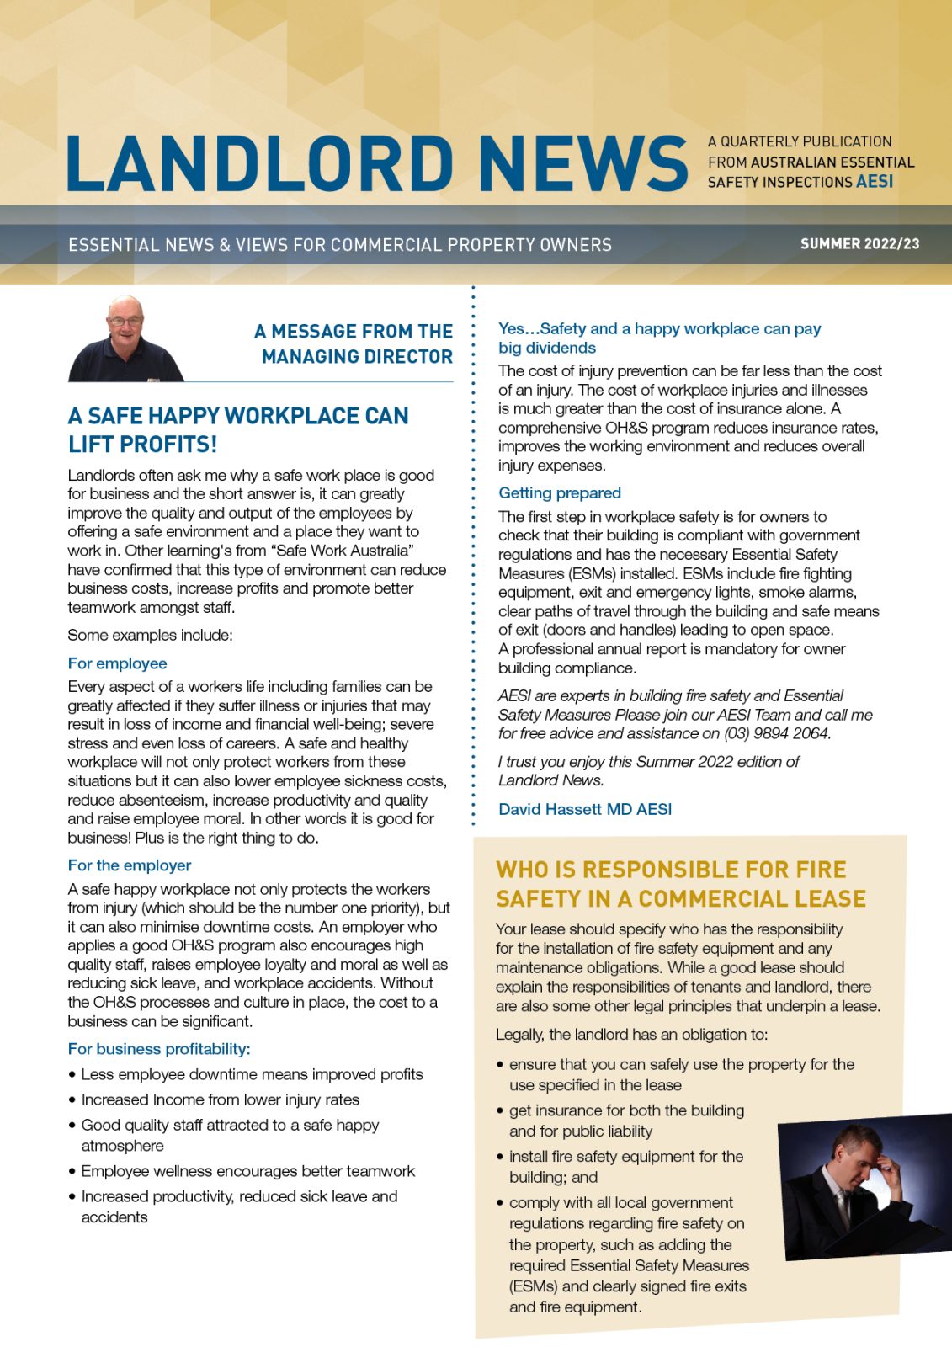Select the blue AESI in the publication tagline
(875, 182)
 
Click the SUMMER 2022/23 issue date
(859, 244)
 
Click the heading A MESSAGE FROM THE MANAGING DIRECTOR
(354, 343)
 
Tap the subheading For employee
(117, 663)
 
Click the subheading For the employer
(129, 865)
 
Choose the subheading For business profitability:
(159, 1049)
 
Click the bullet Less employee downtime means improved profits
(252, 1074)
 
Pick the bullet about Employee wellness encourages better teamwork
(247, 1171)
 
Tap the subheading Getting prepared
(559, 493)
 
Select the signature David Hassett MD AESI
(585, 809)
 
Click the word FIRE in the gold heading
(819, 870)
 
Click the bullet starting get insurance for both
(626, 1120)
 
